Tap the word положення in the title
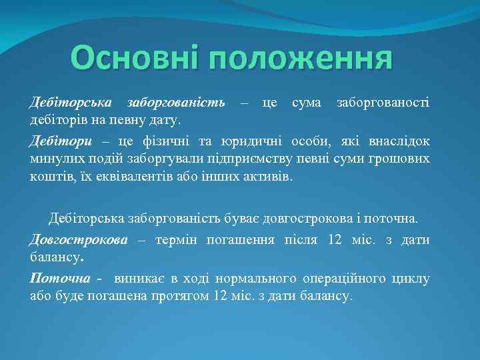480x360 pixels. [300, 59]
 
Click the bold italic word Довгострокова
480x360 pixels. [79, 240]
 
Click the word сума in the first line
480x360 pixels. [306, 103]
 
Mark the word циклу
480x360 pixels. [413, 279]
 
